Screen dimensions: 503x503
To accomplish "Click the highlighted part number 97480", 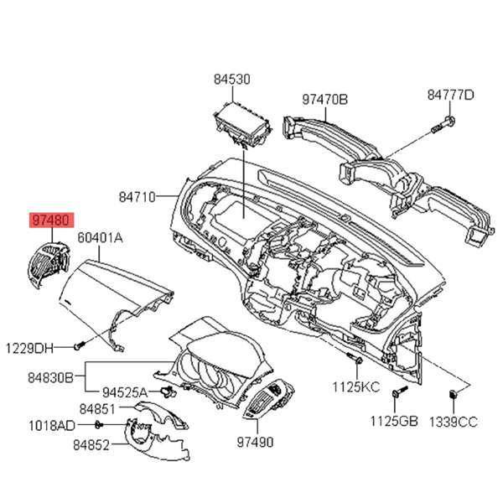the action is click(51, 220).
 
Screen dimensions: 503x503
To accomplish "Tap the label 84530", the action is click(232, 80).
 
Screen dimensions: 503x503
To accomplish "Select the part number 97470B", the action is click(324, 100).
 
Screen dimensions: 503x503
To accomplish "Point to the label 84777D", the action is click(450, 95).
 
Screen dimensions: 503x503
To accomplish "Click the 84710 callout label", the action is click(137, 197).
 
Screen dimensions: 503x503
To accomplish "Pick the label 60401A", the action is click(100, 238).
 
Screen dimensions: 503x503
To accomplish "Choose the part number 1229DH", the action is click(29, 349).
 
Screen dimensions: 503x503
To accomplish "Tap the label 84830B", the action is click(50, 378).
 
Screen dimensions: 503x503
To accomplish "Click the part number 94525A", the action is click(125, 392).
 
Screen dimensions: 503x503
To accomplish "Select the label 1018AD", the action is click(52, 426).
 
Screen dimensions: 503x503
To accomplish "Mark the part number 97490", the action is click(256, 443).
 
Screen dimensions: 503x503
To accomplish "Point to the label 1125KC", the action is click(355, 386).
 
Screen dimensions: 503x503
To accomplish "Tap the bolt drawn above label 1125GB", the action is click(399, 392).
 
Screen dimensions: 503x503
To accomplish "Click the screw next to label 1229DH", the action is click(79, 345).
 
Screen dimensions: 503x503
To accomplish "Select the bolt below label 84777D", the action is click(443, 126).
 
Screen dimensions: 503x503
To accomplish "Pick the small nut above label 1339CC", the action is click(453, 394).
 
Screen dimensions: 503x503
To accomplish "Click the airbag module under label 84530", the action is click(243, 125).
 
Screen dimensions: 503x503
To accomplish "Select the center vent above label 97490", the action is click(269, 399).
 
